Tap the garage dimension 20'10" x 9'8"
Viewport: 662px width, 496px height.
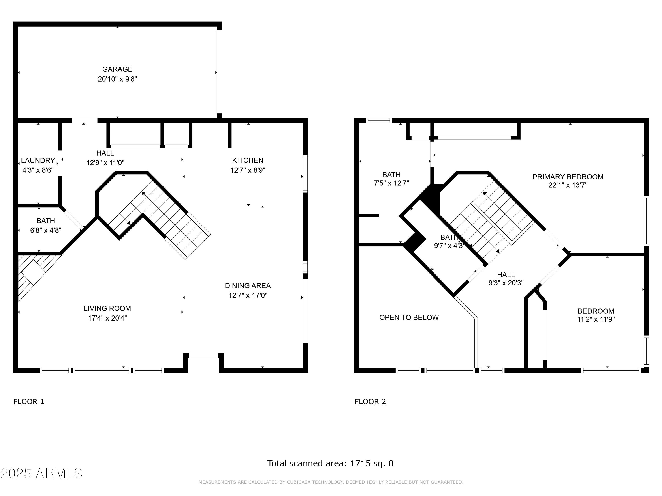pyautogui.click(x=117, y=79)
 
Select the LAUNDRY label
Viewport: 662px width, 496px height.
pyautogui.click(x=38, y=160)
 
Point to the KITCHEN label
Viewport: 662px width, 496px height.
pyautogui.click(x=248, y=160)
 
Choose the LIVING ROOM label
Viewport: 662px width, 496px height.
pyautogui.click(x=107, y=308)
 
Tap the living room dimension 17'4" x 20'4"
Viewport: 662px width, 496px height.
pyautogui.click(x=107, y=318)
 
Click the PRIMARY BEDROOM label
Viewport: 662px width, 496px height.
pyautogui.click(x=568, y=177)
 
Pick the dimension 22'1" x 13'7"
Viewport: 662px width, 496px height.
pyautogui.click(x=568, y=185)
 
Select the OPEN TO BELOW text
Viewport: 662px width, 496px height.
pyautogui.click(x=409, y=317)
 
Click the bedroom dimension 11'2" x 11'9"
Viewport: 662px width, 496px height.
pyautogui.click(x=596, y=319)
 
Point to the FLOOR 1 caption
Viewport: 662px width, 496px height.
pyautogui.click(x=29, y=401)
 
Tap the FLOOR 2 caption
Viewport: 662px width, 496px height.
pyautogui.click(x=370, y=401)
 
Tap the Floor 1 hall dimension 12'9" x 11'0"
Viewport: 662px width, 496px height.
pyautogui.click(x=105, y=163)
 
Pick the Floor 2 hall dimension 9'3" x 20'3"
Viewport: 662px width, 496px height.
pyautogui.click(x=506, y=283)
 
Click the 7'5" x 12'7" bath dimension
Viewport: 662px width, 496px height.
pyautogui.click(x=391, y=183)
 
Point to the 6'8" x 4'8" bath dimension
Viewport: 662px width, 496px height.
pyautogui.click(x=46, y=230)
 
